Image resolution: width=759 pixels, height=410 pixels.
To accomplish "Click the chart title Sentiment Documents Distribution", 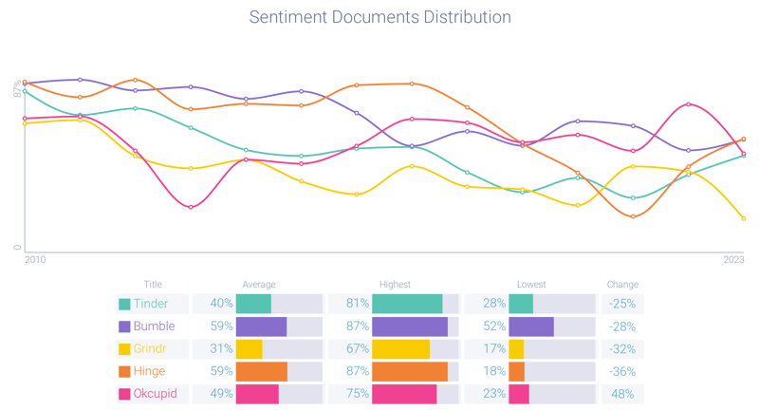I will point(379,18).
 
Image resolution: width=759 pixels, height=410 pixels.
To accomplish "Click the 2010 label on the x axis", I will point(34,259).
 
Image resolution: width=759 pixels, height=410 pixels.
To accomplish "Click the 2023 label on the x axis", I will point(733,259).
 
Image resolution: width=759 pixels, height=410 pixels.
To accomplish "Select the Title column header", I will point(153,284).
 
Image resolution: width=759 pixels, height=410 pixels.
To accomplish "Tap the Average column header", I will point(259,284).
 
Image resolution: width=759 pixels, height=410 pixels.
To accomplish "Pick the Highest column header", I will point(395,284).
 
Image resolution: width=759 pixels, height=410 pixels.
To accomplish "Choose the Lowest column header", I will point(531,284).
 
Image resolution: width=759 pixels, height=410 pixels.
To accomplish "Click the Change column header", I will point(621,284).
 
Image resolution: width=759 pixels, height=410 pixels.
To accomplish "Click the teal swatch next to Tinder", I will point(124,304).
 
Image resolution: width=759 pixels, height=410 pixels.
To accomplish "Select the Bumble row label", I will point(154,326).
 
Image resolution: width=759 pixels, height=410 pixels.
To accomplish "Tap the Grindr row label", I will point(152,348).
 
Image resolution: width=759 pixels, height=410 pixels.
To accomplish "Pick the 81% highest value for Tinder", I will point(357,304).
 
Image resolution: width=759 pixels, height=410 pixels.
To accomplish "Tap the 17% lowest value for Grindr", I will point(493,348).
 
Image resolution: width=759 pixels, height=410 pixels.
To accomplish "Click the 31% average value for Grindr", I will point(221,348).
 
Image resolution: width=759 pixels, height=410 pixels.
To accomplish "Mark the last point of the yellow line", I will point(744,219).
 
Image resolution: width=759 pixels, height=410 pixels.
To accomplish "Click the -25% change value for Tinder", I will point(622,304).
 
